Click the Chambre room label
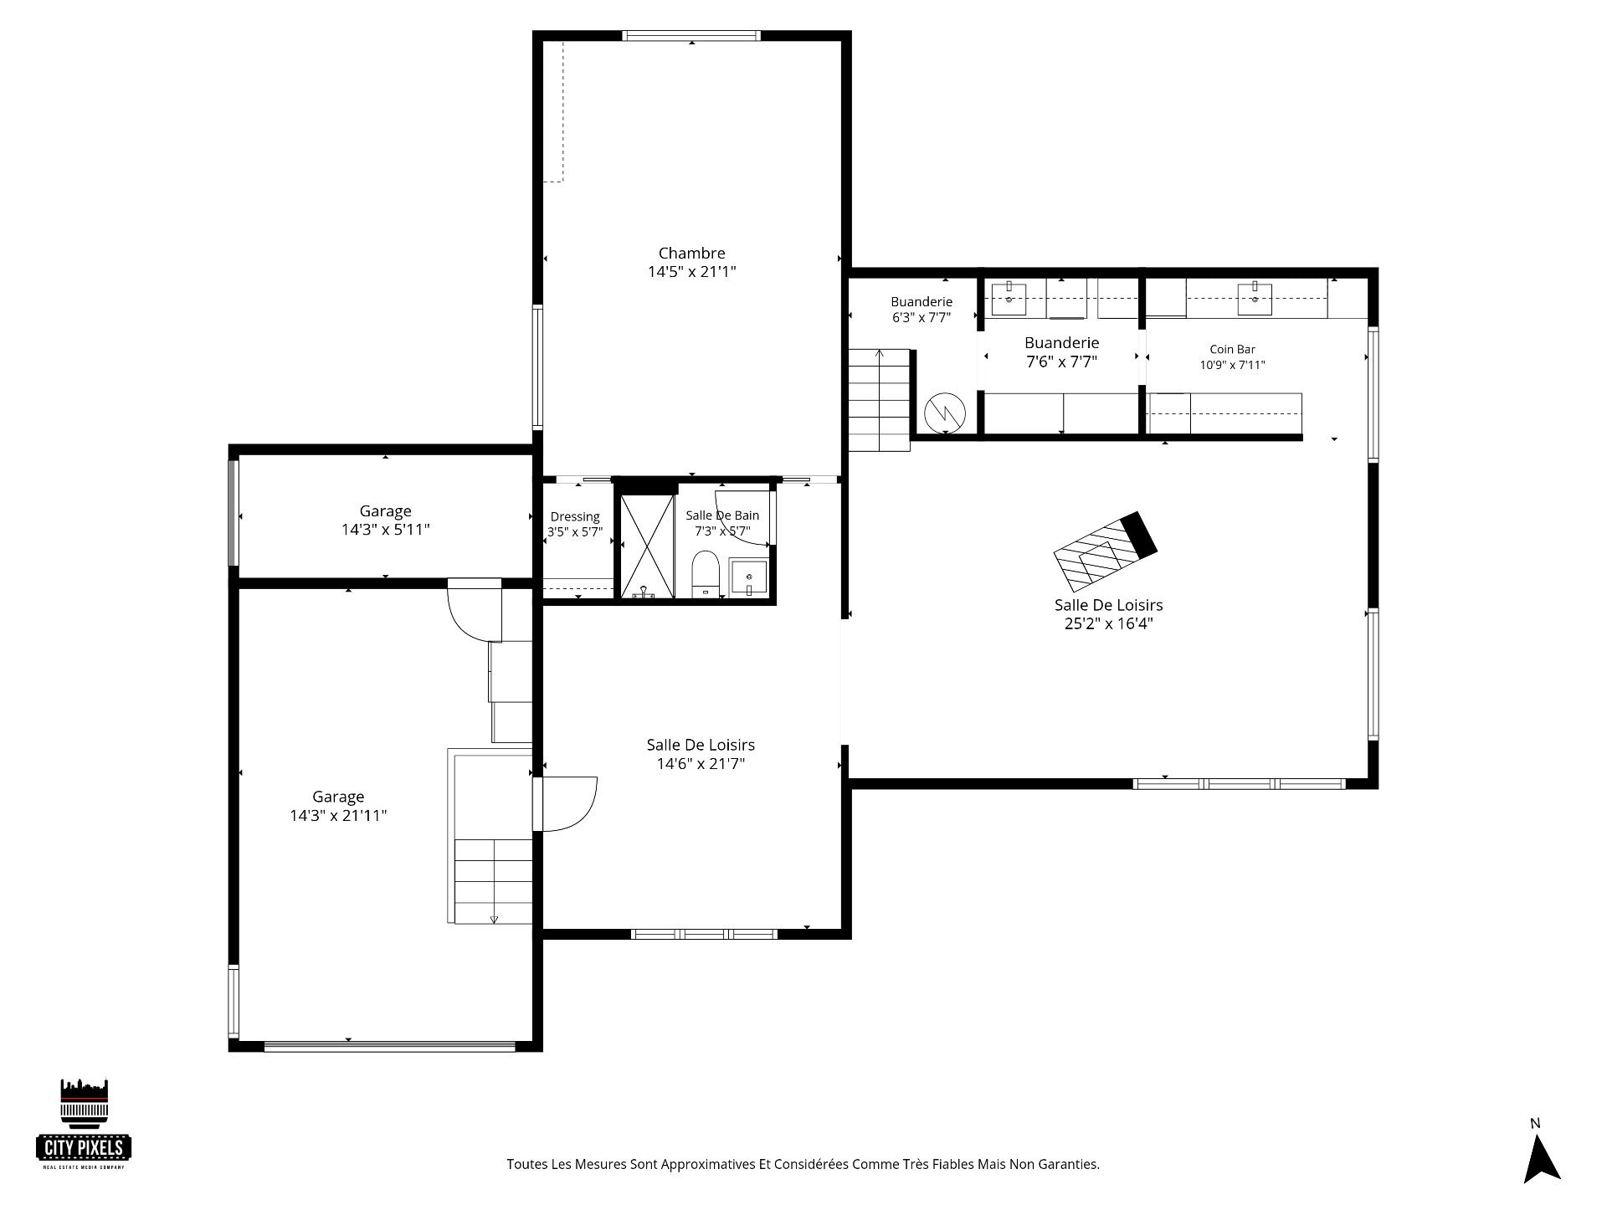click(691, 253)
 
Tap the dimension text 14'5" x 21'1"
click(691, 271)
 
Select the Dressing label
click(575, 517)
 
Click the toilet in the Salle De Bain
click(705, 574)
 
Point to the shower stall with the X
click(646, 546)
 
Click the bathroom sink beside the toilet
click(748, 577)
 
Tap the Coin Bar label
click(1232, 350)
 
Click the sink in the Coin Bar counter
click(1255, 299)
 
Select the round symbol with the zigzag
click(945, 412)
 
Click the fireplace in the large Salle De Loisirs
click(1105, 551)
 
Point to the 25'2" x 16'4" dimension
click(1108, 623)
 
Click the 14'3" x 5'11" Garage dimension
click(385, 530)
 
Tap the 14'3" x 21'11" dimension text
click(338, 816)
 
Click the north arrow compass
click(1542, 1150)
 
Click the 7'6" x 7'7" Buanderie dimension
click(1061, 361)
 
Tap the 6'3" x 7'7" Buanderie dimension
click(922, 318)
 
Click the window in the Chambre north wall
click(691, 36)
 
